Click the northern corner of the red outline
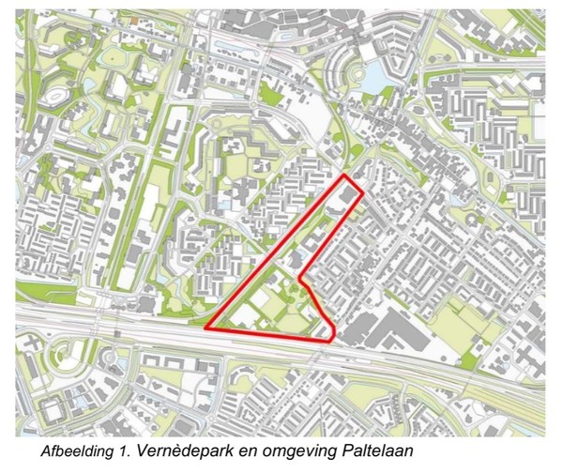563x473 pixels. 345,175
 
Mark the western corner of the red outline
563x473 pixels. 205,328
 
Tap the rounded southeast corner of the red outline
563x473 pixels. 334,337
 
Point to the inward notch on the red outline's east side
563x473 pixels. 299,279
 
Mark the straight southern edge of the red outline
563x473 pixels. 267,333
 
